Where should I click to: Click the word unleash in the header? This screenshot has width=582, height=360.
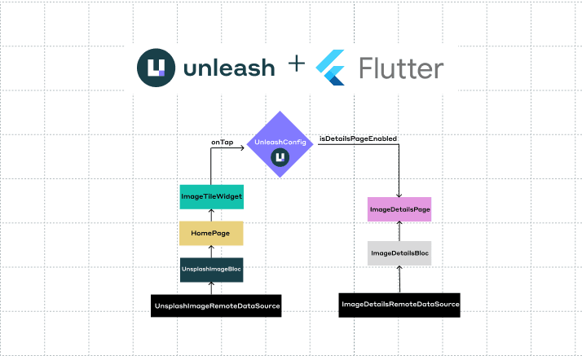pyautogui.click(x=229, y=68)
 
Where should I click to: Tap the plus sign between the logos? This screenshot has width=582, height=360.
pyautogui.click(x=297, y=65)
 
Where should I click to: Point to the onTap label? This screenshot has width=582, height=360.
pyautogui.click(x=223, y=142)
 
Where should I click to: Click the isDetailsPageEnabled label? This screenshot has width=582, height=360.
pyautogui.click(x=357, y=139)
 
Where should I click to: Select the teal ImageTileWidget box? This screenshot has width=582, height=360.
pyautogui.click(x=211, y=197)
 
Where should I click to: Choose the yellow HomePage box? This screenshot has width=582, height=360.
pyautogui.click(x=211, y=233)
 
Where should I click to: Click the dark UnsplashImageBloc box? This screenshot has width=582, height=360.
pyautogui.click(x=211, y=270)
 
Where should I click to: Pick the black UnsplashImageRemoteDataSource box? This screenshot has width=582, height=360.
pyautogui.click(x=216, y=306)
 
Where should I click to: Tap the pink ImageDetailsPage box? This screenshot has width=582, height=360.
pyautogui.click(x=399, y=209)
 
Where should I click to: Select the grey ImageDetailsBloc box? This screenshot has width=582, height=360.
pyautogui.click(x=399, y=253)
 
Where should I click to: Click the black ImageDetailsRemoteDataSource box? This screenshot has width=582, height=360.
pyautogui.click(x=399, y=305)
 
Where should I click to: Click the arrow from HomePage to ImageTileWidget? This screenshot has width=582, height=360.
pyautogui.click(x=211, y=215)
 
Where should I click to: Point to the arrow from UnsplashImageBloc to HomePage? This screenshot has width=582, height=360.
pyautogui.click(x=211, y=251)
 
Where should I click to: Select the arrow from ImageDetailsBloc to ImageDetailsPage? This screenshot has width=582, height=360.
pyautogui.click(x=399, y=231)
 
